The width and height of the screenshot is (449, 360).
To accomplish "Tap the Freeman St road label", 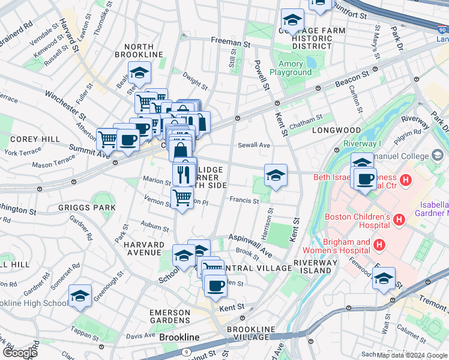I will tap(230, 43).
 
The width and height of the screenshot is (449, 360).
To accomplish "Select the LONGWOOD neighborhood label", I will tap(336, 130).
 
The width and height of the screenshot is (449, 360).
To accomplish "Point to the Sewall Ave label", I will tap(254, 145).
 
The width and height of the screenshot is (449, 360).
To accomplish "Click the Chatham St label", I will tap(306, 121).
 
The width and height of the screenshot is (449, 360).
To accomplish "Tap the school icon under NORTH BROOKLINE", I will tap(139, 74).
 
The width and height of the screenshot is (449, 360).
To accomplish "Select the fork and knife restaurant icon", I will tap(184, 175).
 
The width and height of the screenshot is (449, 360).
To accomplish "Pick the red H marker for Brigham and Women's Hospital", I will tap(379, 245).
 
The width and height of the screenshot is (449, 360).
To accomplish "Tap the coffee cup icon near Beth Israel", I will tap(365, 179).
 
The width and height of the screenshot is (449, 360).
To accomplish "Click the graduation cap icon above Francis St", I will tap(275, 175).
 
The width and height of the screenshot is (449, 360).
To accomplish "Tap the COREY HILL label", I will tap(26, 139).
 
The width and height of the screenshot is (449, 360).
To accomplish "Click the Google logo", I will tap(20, 353).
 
